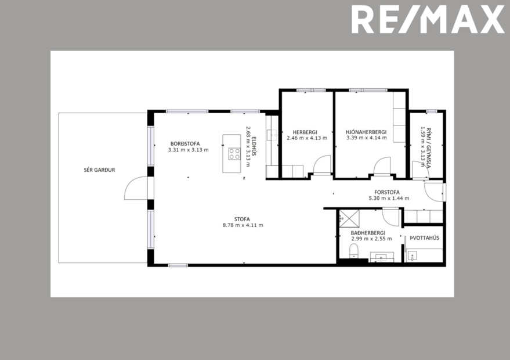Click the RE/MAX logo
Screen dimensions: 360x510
pos(428,20)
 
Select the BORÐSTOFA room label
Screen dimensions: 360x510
pos(185,143)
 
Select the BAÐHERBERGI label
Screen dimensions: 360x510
pos(368,233)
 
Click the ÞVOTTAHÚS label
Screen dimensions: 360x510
pos(424,238)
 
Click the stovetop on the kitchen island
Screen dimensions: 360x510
pos(234,154)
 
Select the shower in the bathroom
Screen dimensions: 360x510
pos(349,218)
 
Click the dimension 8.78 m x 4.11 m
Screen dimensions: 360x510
pos(243,225)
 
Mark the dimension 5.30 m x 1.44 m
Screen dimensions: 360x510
pos(389,199)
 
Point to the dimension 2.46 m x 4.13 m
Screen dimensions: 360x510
pos(306,138)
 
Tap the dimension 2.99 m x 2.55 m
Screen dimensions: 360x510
pos(368,239)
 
